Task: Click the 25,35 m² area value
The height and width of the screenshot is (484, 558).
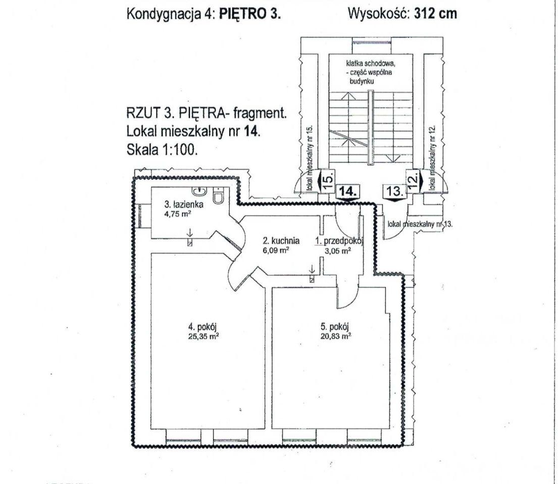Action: tap(203, 336)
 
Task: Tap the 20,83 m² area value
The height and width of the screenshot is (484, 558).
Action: tap(336, 336)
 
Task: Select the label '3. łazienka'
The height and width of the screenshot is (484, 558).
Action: tap(184, 204)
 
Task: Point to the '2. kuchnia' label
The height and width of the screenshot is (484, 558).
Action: tap(281, 240)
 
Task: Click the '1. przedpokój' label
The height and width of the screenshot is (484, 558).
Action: tap(339, 241)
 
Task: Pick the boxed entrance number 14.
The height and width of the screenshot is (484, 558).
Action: tap(347, 192)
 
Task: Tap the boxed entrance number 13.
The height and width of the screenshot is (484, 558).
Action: tap(394, 191)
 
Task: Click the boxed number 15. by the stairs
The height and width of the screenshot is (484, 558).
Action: tap(329, 180)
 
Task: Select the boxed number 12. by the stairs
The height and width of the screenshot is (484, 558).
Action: tap(413, 180)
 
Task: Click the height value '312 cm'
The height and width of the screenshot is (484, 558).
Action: tap(435, 14)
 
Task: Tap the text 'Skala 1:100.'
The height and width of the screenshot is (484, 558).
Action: tap(162, 150)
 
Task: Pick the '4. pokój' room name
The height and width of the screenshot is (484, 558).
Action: tap(203, 327)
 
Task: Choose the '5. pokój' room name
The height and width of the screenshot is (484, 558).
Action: tap(334, 327)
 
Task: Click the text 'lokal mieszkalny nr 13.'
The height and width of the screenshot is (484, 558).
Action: tap(420, 224)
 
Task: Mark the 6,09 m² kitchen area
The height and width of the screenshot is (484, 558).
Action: tap(276, 250)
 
